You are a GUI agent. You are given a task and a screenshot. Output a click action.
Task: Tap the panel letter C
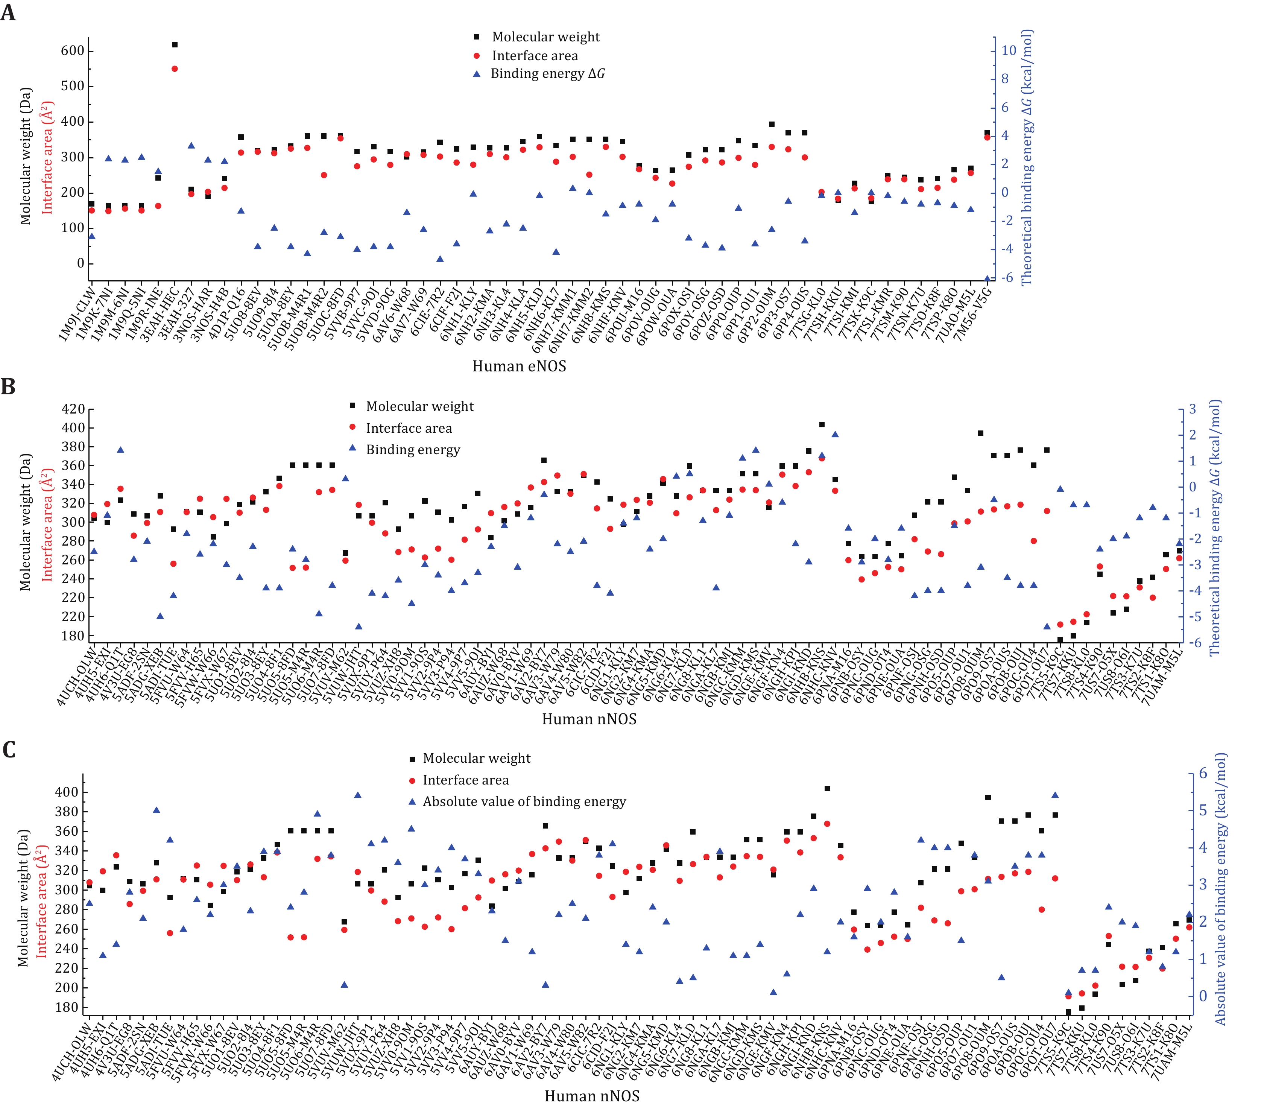[x=9, y=749]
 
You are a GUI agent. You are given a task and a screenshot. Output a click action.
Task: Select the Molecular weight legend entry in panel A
[x=545, y=37]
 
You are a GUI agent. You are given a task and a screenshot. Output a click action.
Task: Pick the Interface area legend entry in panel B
[x=409, y=428]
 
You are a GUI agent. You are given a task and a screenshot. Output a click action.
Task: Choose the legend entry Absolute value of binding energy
[x=524, y=801]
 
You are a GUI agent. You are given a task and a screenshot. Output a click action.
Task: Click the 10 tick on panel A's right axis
[x=1009, y=50]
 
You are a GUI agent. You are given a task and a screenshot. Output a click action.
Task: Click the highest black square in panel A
[x=175, y=44]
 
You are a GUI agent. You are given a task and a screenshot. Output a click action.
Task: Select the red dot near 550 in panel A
[x=175, y=68]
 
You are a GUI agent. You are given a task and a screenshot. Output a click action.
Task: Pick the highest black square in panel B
[x=822, y=424]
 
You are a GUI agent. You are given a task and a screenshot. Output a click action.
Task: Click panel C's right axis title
[x=1220, y=888]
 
